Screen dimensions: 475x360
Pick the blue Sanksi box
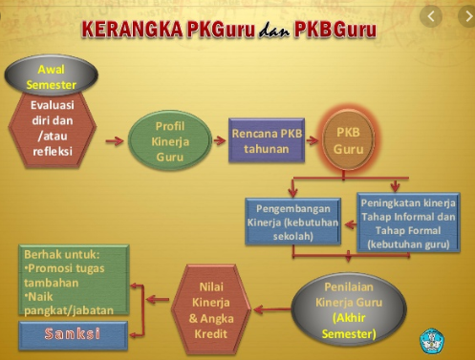[73, 334]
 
